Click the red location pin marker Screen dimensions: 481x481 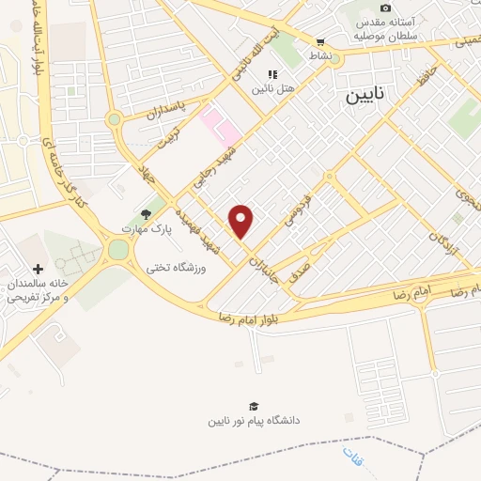click(242, 221)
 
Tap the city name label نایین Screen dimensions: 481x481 click(364, 96)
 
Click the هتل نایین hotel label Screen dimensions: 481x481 click(273, 88)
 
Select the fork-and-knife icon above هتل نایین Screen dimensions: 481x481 click(272, 74)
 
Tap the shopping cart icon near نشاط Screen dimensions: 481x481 click(321, 41)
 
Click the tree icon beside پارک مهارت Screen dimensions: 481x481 click(144, 214)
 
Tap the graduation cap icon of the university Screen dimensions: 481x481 click(255, 406)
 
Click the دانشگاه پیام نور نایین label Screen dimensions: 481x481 click(255, 421)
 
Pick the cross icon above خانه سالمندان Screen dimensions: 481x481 click(37, 269)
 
